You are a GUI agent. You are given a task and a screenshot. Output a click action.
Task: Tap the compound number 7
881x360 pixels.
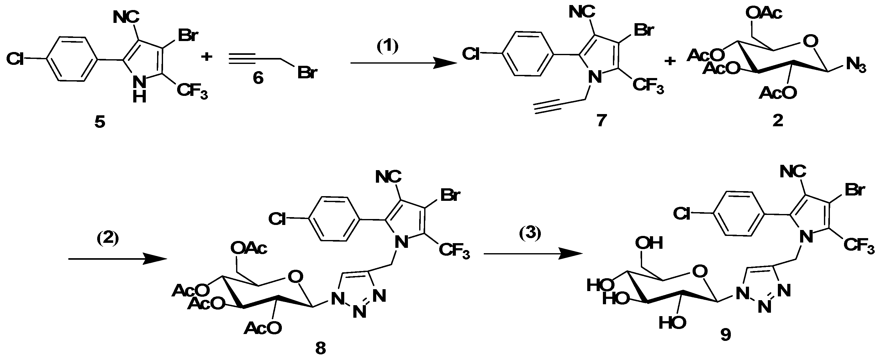point(601,120)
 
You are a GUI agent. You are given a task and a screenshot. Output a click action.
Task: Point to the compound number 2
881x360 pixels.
point(778,121)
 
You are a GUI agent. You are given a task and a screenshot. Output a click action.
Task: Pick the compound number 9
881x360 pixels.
point(725,335)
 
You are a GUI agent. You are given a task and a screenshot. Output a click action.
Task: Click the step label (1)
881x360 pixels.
point(387,47)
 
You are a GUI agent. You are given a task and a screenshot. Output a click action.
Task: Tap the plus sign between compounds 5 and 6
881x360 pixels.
point(206,56)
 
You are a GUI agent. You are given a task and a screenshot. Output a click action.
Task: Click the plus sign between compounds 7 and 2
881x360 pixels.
point(670,61)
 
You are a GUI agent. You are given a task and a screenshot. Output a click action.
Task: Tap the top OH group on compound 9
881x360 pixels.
point(649,243)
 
